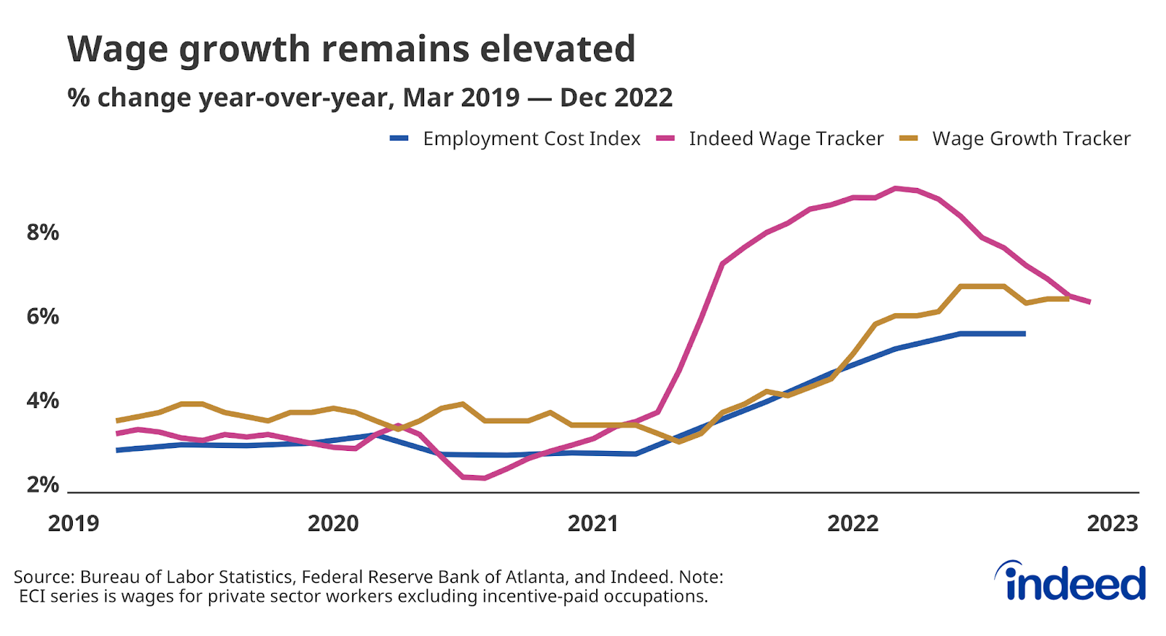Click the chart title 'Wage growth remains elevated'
pos(351,50)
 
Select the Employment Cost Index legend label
pos(531,138)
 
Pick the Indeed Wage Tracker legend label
pos(786,138)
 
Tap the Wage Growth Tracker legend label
pos(1030,138)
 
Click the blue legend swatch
pos(399,138)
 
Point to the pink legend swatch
pos(665,138)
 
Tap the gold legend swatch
pos(908,138)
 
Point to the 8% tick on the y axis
pos(42,232)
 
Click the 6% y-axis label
pos(42,316)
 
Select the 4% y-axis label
pos(42,401)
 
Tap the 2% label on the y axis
pos(42,484)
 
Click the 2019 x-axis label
pos(74,523)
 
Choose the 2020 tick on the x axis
pos(333,523)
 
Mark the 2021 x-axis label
pos(592,523)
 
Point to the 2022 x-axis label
pos(853,523)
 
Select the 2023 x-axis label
pos(1112,523)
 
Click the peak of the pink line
pos(896,188)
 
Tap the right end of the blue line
pos(1024,334)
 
